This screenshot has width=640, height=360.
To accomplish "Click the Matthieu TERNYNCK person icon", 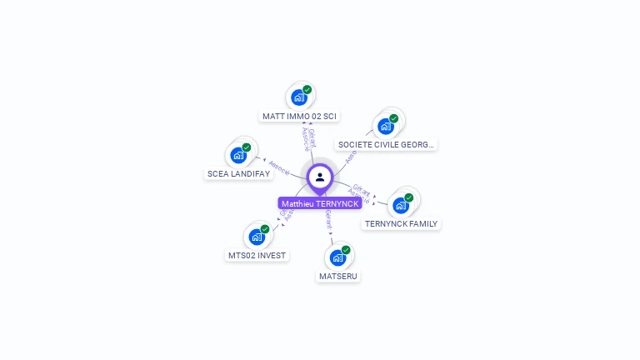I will pyautogui.click(x=320, y=177).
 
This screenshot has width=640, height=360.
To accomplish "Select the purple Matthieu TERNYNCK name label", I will pyautogui.click(x=320, y=203).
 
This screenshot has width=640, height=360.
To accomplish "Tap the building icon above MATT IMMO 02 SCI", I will pyautogui.click(x=298, y=97).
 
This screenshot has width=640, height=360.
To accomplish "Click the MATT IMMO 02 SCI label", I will pyautogui.click(x=300, y=117).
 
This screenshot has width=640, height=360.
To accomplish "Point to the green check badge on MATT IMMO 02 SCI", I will pyautogui.click(x=307, y=89).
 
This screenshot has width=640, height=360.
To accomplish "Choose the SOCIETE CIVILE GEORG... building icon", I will pyautogui.click(x=385, y=126).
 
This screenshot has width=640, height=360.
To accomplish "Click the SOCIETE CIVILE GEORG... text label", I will pyautogui.click(x=386, y=144).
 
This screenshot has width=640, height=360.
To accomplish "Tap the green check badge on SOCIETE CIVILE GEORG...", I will pyautogui.click(x=394, y=118).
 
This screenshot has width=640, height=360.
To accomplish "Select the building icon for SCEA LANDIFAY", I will pyautogui.click(x=238, y=155).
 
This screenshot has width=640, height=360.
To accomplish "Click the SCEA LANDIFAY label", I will pyautogui.click(x=238, y=173).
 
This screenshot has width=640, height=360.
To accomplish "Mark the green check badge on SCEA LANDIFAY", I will pyautogui.click(x=247, y=147).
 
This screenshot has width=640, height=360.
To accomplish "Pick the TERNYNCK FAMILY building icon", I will pyautogui.click(x=401, y=205).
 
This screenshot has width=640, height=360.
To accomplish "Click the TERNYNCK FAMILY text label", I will pyautogui.click(x=401, y=223).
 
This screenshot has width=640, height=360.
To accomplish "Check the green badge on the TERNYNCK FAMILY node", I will pyautogui.click(x=409, y=197).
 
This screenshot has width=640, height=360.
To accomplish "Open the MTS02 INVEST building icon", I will pyautogui.click(x=257, y=237).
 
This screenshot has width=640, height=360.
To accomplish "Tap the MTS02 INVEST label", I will pyautogui.click(x=257, y=255).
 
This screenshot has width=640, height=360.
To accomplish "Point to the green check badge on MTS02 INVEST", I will pyautogui.click(x=265, y=229).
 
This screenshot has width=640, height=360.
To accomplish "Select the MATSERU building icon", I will pyautogui.click(x=338, y=257).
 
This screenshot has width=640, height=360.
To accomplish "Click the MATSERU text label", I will pyautogui.click(x=338, y=276).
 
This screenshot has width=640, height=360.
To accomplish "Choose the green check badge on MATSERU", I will pyautogui.click(x=347, y=249).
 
